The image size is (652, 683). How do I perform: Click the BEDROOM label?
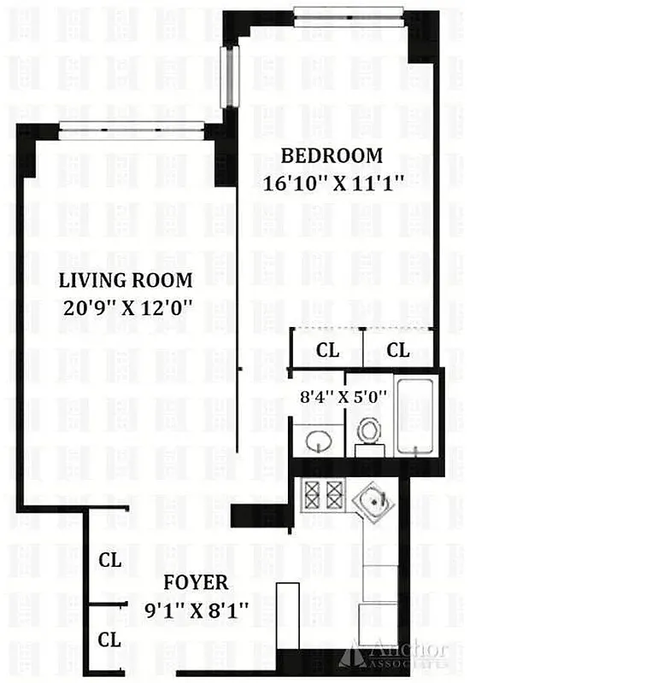(332, 156)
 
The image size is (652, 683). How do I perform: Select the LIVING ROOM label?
(125, 281)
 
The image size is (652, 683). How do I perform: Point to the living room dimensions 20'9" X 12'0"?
(125, 307)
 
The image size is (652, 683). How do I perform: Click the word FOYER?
(197, 583)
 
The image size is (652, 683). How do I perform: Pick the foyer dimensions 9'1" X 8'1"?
(197, 610)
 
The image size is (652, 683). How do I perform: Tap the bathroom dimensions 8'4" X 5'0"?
(344, 397)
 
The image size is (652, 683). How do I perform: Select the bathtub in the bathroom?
(415, 414)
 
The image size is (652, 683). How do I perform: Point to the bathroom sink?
(319, 441)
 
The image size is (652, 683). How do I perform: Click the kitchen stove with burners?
(320, 493)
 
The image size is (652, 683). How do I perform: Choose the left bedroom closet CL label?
(327, 350)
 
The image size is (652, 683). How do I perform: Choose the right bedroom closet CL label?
(398, 350)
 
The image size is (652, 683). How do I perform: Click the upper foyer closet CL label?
(109, 561)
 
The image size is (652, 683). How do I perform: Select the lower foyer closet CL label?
(109, 639)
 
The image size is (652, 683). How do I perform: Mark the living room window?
(132, 131)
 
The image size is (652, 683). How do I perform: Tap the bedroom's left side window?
(227, 77)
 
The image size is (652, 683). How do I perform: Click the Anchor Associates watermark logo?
(393, 653)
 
